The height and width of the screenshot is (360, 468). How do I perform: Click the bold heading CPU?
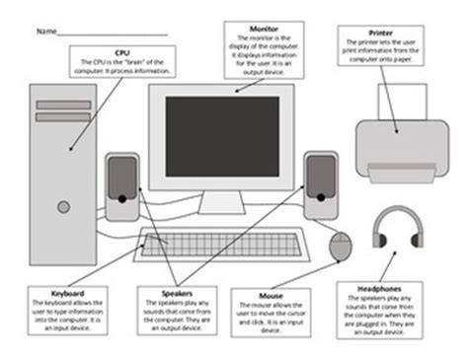[x=122, y=50]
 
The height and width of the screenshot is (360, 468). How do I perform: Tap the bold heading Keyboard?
[x=67, y=293]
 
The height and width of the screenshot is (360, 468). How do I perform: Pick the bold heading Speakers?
[x=176, y=293]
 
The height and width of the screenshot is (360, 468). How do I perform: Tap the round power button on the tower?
[x=63, y=207]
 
